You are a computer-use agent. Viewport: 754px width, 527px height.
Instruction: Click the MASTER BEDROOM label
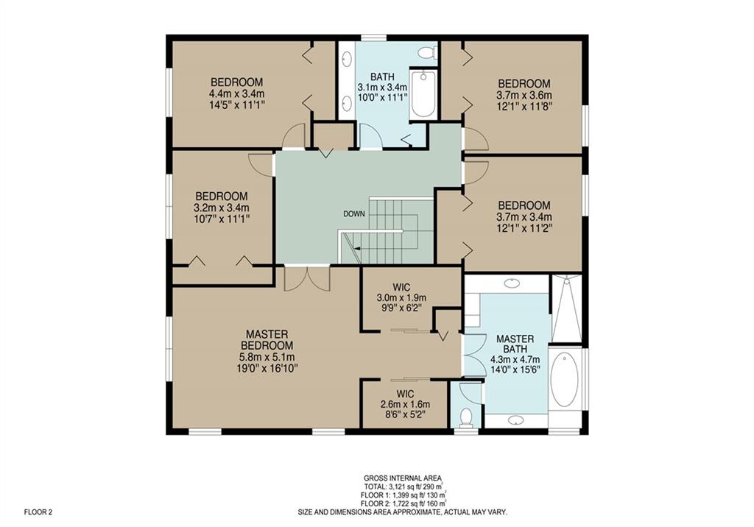point(267,339)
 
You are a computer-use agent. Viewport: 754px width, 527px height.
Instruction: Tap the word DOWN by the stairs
point(354,214)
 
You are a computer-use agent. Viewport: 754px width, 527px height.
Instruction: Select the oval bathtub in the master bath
point(564,379)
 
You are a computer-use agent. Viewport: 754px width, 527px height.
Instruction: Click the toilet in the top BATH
point(426,52)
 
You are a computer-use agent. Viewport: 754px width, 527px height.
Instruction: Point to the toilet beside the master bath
point(466,417)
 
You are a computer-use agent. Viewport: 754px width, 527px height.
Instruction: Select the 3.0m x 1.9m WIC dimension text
point(401,298)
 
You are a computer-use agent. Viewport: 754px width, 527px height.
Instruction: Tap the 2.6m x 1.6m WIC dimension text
point(406,404)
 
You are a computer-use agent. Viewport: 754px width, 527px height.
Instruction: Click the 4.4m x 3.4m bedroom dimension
point(236,93)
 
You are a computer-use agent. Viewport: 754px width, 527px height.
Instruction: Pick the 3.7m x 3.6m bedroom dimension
point(524,95)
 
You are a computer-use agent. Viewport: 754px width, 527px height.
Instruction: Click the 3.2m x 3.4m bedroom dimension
point(222,208)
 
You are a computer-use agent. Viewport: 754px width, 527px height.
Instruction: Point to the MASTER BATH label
point(515,344)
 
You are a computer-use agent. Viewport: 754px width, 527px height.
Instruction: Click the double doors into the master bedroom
point(307,279)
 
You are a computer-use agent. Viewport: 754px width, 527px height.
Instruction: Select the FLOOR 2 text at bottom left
point(38,512)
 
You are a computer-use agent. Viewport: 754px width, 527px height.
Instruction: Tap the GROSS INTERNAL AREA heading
point(403,478)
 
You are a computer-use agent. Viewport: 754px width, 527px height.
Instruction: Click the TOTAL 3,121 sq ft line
point(403,486)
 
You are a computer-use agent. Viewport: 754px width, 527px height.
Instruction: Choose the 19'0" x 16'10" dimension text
point(267,368)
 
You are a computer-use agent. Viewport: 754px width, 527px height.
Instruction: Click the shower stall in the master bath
point(566,308)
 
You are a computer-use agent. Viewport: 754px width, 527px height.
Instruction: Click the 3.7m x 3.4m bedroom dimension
point(524,217)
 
